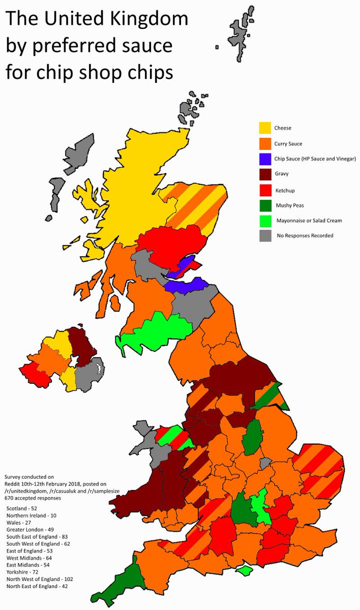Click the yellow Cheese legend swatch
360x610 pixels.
tap(265, 128)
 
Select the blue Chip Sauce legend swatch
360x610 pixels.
tap(265, 159)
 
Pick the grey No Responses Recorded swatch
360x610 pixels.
tap(265, 235)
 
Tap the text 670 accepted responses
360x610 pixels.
tap(33, 498)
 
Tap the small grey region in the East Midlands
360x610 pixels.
tap(264, 463)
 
